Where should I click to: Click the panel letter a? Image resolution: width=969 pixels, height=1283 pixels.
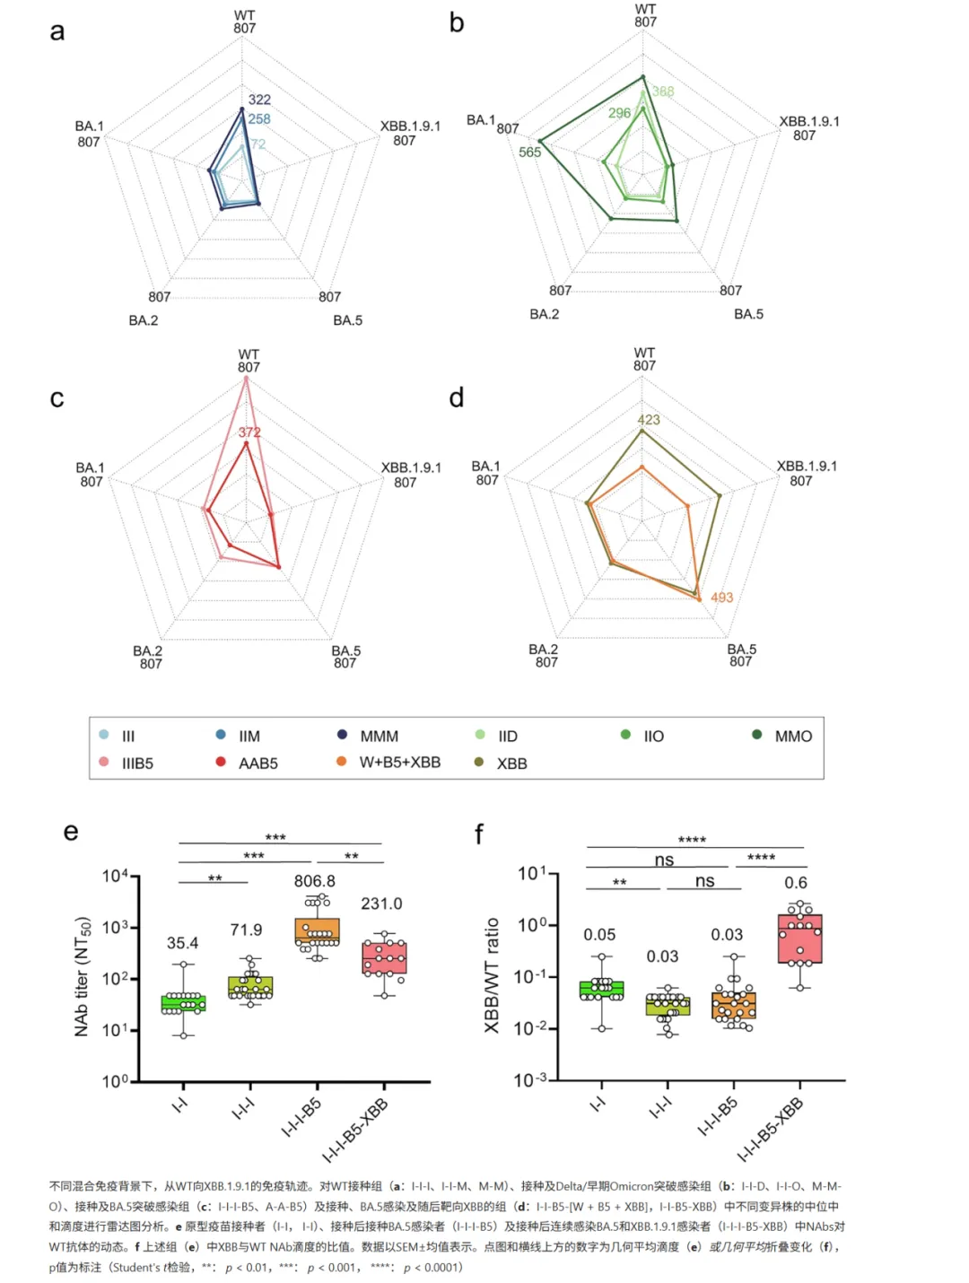(57, 32)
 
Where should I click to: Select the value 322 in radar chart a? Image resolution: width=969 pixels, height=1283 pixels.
(259, 100)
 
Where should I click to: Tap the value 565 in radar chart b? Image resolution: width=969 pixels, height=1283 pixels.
(529, 153)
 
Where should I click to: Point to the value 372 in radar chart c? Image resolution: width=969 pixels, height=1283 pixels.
(249, 432)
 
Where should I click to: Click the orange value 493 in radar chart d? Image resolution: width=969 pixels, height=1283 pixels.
(721, 598)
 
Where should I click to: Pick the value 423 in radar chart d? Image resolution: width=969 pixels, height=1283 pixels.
(648, 420)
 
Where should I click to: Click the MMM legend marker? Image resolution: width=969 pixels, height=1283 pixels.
(342, 735)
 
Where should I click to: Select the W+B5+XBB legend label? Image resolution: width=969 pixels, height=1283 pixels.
(400, 763)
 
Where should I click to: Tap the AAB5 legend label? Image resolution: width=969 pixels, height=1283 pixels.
(258, 764)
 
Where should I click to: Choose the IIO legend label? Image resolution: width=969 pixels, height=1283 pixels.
(654, 737)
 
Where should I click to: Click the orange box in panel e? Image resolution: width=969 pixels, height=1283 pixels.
(317, 931)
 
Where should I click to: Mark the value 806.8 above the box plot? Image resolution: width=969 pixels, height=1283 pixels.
(314, 881)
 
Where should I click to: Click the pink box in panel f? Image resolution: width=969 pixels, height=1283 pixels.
(800, 938)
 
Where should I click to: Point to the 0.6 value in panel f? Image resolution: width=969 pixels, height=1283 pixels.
(796, 883)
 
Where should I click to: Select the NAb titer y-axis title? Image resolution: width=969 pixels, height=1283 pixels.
(82, 976)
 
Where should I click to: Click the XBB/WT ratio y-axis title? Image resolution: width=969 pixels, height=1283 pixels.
(492, 975)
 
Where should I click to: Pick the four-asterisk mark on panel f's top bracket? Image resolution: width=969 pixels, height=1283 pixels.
(692, 840)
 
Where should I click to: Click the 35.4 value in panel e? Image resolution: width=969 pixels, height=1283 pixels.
(182, 943)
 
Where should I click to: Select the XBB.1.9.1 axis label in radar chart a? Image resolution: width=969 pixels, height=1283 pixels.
(410, 127)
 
